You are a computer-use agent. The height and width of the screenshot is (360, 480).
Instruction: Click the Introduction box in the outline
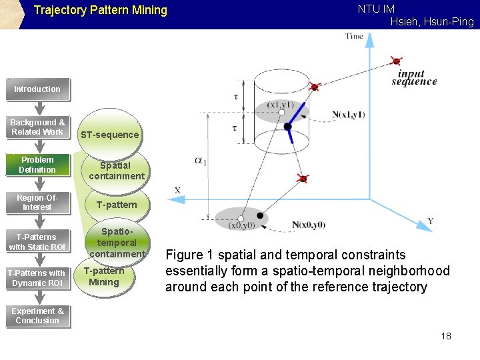point(37,89)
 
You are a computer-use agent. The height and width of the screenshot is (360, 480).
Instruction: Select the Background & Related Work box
point(37,127)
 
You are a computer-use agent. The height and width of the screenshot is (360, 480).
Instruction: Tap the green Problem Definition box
point(37,165)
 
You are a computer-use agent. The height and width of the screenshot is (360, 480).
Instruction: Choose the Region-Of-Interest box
point(37,203)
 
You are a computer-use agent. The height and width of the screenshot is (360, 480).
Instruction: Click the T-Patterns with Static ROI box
point(37,242)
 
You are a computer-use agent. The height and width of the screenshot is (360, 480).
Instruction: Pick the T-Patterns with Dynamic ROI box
point(37,278)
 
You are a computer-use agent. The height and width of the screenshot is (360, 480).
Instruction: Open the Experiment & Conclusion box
point(37,316)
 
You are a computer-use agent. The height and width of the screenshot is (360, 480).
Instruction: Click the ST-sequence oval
point(110,135)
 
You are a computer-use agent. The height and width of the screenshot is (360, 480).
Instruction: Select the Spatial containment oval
point(116,171)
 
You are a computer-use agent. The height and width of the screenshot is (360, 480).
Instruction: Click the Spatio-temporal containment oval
point(117,243)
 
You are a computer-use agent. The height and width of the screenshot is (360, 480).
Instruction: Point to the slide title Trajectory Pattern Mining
point(101,11)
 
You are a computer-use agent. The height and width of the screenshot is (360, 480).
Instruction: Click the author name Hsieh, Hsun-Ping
point(432,22)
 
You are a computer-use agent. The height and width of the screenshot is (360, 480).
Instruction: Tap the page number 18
point(446,336)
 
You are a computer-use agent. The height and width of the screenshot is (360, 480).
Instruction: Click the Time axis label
point(355,36)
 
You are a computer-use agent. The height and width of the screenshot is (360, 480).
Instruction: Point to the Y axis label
point(430,221)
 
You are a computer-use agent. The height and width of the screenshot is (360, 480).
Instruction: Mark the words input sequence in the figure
point(414,78)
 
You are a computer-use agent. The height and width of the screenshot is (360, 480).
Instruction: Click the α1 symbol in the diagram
point(201,161)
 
